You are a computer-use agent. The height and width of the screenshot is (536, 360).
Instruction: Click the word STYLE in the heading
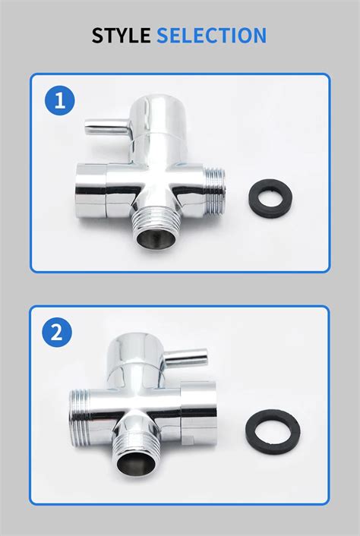(x=121, y=35)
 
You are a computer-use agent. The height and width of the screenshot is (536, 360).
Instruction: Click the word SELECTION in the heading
(x=212, y=35)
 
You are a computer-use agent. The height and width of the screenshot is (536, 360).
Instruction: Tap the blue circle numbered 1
(x=60, y=100)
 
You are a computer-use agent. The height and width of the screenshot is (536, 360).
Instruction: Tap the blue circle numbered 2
(x=57, y=333)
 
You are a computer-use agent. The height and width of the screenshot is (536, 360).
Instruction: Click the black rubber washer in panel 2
(x=251, y=432)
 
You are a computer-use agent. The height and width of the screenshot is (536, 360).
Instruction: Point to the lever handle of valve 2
(x=185, y=358)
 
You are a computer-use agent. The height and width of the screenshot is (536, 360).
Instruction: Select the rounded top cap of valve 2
(x=134, y=353)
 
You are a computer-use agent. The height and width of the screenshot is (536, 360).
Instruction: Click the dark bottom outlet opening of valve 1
(x=156, y=238)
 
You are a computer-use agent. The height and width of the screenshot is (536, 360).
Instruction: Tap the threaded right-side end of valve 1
(x=215, y=191)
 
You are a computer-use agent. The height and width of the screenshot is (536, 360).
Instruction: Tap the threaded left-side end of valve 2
(x=79, y=418)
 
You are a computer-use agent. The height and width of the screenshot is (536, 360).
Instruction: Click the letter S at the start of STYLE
(x=98, y=35)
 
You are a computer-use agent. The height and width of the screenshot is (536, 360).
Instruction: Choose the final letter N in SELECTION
(x=260, y=35)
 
